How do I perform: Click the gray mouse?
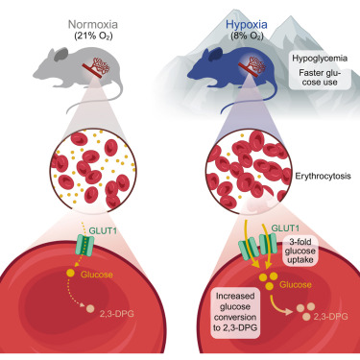pyautogui.click(x=77, y=72)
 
